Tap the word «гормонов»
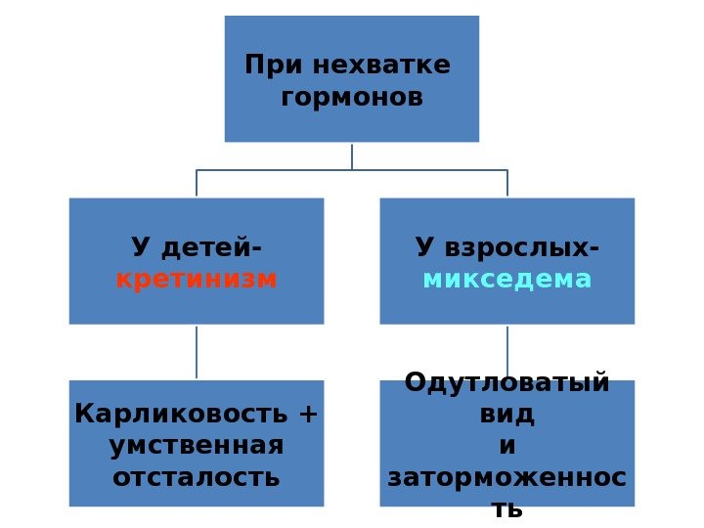tap(352, 98)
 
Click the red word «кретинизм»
tap(197, 280)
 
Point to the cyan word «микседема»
tap(507, 280)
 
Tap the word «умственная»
tap(197, 446)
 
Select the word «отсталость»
tap(197, 478)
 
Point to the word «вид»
tap(507, 414)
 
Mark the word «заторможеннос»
tap(507, 478)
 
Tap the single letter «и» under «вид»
tap(507, 446)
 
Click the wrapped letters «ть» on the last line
tap(507, 509)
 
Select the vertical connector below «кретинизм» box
tap(197, 352)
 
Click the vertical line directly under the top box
tap(352, 156)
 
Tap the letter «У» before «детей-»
tap(140, 247)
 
